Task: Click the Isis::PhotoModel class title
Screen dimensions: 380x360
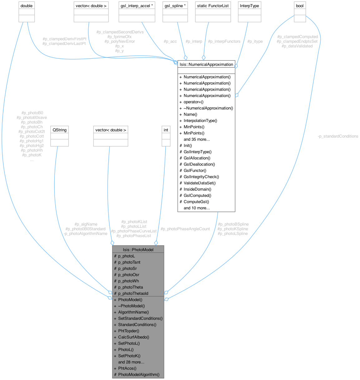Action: (x=138, y=250)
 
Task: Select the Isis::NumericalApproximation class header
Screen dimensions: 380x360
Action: (x=206, y=64)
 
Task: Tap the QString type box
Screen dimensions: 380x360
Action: (x=59, y=130)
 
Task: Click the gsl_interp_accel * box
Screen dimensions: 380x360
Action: (x=137, y=6)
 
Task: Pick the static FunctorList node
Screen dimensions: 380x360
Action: (x=213, y=6)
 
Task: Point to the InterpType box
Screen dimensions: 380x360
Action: (x=249, y=6)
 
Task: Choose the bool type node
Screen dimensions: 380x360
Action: (x=300, y=6)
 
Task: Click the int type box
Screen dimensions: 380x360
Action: (x=166, y=130)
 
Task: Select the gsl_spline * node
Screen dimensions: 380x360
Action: (x=175, y=6)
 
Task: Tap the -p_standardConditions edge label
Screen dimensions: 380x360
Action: (x=338, y=136)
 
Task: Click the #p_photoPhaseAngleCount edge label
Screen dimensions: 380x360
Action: (x=185, y=229)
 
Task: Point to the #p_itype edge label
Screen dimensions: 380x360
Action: (x=255, y=41)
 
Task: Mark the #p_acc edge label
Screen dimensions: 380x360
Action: (x=170, y=41)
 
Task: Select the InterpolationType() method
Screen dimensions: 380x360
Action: (x=200, y=120)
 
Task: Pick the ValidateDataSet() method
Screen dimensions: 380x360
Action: (x=200, y=183)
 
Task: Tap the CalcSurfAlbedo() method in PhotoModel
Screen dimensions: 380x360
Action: (x=134, y=337)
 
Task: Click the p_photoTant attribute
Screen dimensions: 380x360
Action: (x=129, y=262)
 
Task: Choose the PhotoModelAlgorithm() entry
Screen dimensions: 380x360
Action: (x=139, y=374)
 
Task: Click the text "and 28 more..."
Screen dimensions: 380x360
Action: (x=131, y=362)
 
